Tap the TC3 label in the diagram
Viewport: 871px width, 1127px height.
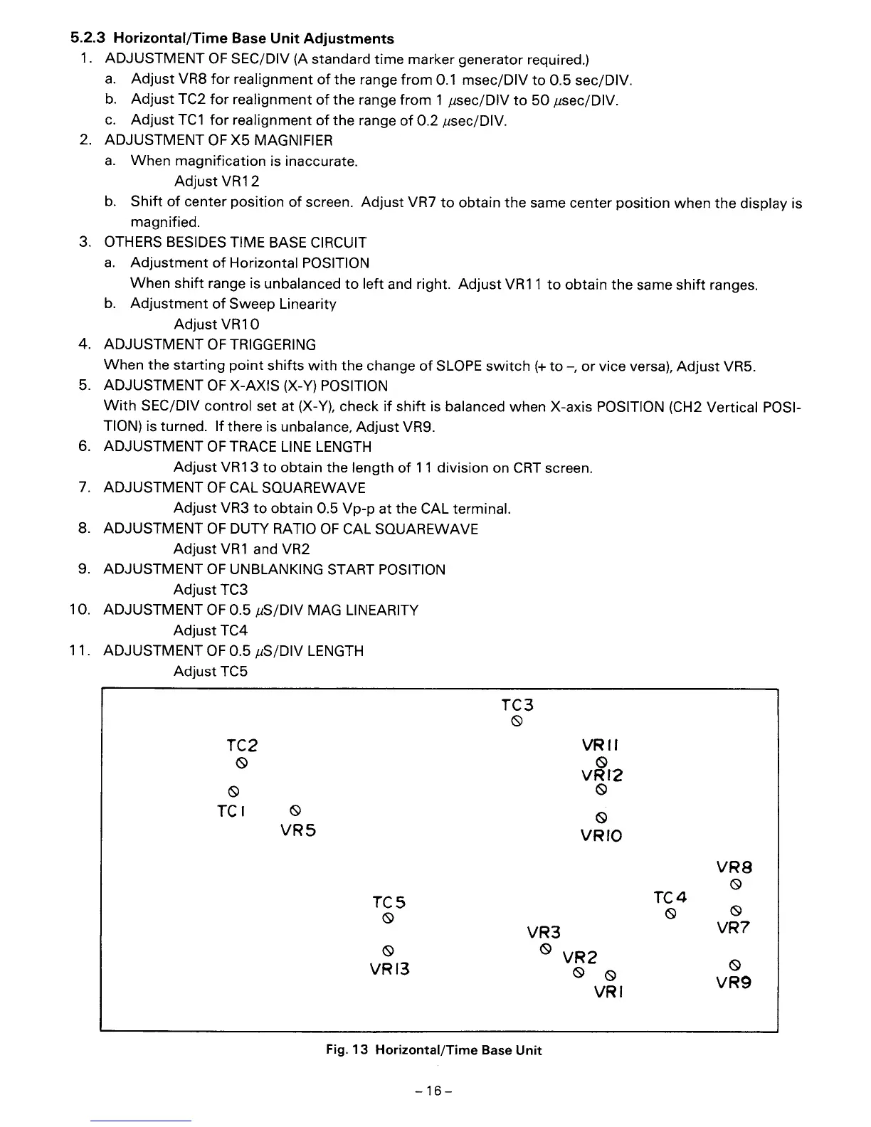click(517, 705)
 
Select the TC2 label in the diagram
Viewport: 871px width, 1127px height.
click(242, 746)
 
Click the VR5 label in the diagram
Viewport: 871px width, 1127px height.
click(297, 831)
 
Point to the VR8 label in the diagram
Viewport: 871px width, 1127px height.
click(734, 867)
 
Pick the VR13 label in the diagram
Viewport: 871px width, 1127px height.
click(389, 969)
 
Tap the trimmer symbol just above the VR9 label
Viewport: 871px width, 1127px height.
click(735, 965)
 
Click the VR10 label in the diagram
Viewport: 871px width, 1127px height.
click(601, 835)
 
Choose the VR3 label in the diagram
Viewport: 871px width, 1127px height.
click(544, 932)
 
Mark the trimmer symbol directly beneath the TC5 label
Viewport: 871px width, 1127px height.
click(389, 919)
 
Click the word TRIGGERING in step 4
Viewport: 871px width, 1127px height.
click(270, 345)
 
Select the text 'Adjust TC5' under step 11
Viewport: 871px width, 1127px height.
click(211, 672)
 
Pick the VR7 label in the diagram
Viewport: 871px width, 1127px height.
click(734, 928)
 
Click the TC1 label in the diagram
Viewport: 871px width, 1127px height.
click(231, 811)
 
